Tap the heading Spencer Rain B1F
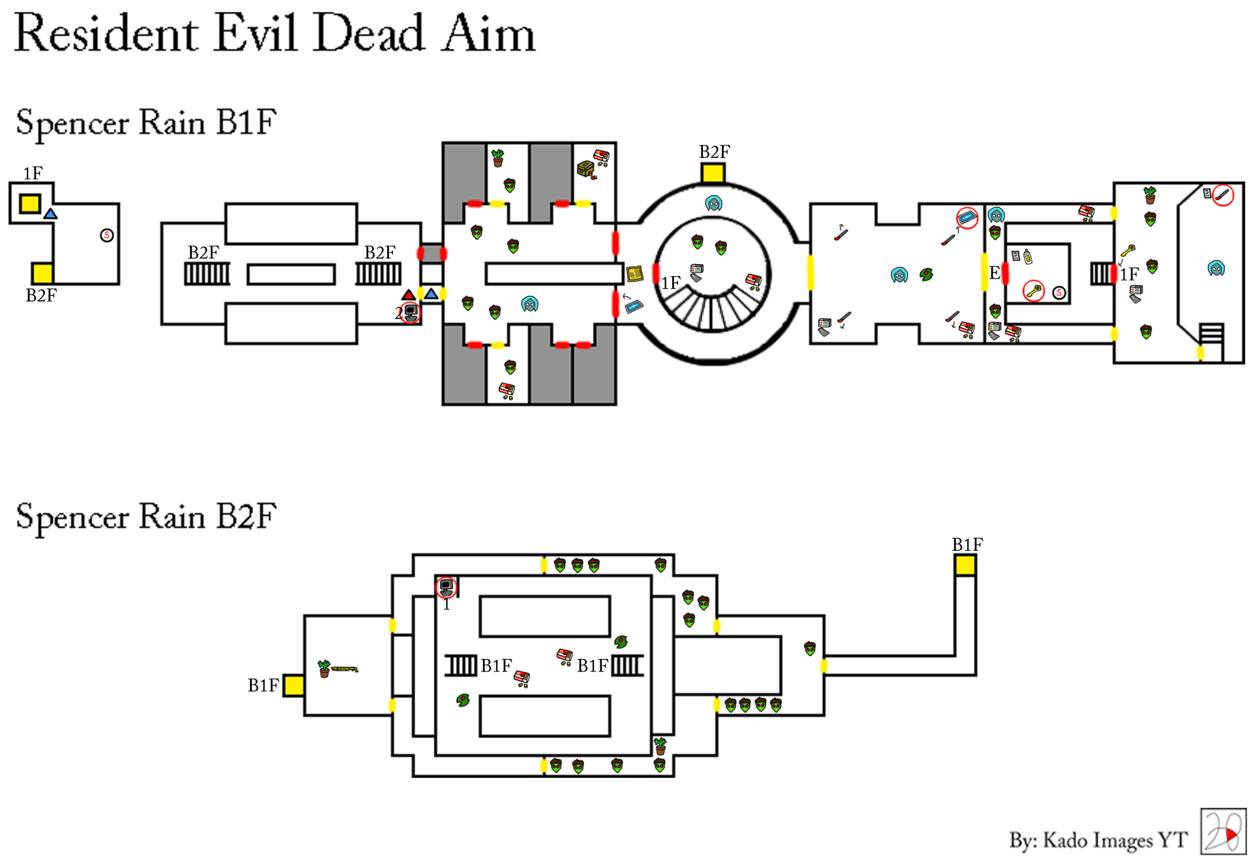tap(146, 123)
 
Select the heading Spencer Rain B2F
tap(146, 517)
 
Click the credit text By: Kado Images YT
tap(1098, 840)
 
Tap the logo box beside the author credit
tap(1223, 831)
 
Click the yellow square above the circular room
tap(713, 173)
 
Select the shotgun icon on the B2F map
tap(345, 669)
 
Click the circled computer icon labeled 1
tap(446, 587)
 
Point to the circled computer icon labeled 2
tap(410, 313)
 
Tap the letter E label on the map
tap(994, 273)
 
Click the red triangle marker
tap(408, 295)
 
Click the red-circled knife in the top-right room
tap(1223, 195)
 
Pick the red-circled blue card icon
tap(967, 218)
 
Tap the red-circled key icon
tap(1034, 290)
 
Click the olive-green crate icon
tap(585, 169)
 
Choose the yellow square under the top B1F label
tap(965, 565)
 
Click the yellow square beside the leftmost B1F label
tap(294, 686)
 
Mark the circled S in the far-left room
tap(107, 236)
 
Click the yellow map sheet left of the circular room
tap(635, 273)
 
